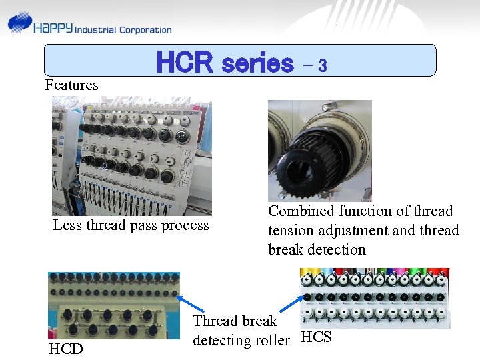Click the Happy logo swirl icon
tap(20, 25)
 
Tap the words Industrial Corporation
tap(123, 30)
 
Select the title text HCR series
tap(225, 63)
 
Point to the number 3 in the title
tap(322, 65)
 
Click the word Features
tap(71, 85)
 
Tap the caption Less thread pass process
tap(131, 225)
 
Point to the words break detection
tap(317, 250)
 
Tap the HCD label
tap(65, 349)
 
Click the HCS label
tap(316, 337)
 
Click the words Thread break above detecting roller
tap(235, 321)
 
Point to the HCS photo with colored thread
tap(375, 298)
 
